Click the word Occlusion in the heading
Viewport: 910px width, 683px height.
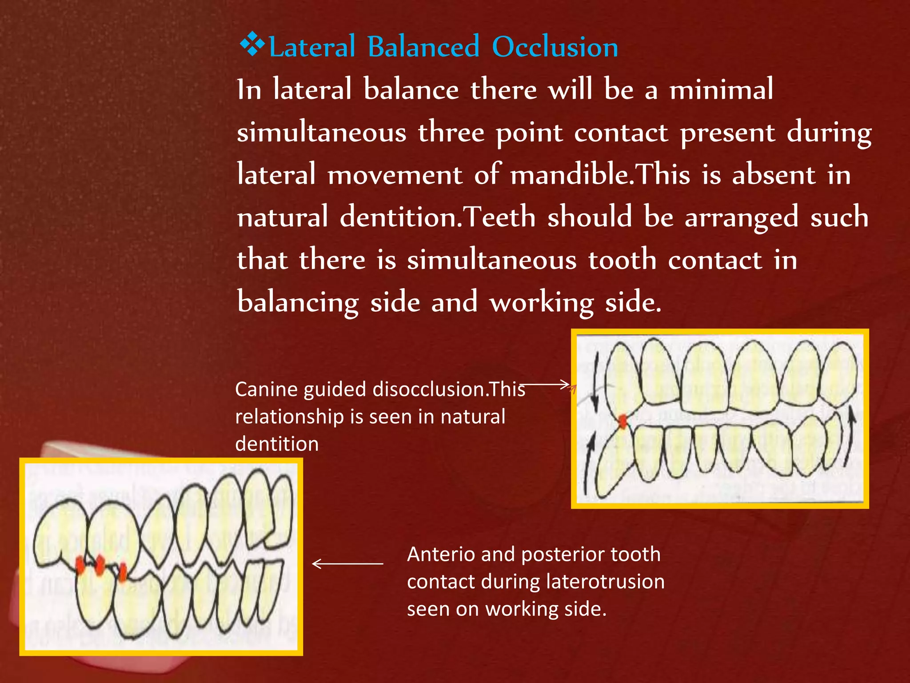(555, 47)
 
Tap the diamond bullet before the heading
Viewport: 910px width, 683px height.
(252, 44)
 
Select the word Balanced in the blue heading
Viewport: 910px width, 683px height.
(423, 47)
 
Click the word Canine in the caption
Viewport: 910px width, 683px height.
(266, 389)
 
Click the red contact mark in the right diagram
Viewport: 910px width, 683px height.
(623, 422)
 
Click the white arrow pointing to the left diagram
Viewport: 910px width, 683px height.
(347, 564)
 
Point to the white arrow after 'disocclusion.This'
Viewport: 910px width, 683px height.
(546, 384)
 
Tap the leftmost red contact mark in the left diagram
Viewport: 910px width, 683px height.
(80, 565)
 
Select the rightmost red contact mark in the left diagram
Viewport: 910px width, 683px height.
(122, 571)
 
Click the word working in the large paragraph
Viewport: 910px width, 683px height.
(541, 302)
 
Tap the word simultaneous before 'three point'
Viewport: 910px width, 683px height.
(321, 132)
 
